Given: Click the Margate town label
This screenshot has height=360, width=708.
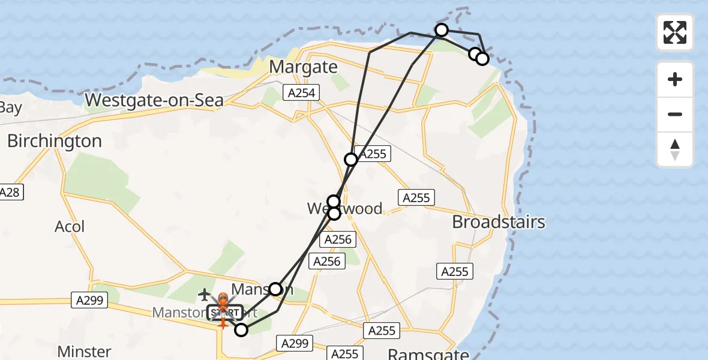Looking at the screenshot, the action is pyautogui.click(x=304, y=67).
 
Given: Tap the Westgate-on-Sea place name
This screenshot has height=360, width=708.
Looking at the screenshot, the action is pyautogui.click(x=155, y=100).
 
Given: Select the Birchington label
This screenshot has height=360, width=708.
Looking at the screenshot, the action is pyautogui.click(x=54, y=141).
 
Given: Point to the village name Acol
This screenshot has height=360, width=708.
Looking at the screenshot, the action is pyautogui.click(x=70, y=227).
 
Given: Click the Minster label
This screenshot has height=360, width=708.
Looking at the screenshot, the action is pyautogui.click(x=84, y=351).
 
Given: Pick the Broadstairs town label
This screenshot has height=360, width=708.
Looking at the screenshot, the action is pyautogui.click(x=499, y=222).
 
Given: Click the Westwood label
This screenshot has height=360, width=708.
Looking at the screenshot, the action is pyautogui.click(x=344, y=209).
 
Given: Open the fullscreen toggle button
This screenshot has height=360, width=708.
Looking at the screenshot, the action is pyautogui.click(x=675, y=32).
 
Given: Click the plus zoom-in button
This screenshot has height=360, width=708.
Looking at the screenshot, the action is pyautogui.click(x=675, y=79).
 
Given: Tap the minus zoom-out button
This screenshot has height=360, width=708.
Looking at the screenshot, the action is pyautogui.click(x=675, y=114).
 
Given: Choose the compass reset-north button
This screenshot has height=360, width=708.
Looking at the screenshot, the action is pyautogui.click(x=675, y=149).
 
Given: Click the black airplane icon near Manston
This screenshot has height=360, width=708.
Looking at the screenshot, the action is pyautogui.click(x=205, y=295).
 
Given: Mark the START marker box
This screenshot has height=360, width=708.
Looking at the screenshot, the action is pyautogui.click(x=225, y=313).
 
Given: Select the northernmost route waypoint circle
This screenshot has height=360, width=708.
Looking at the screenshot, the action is pyautogui.click(x=442, y=30).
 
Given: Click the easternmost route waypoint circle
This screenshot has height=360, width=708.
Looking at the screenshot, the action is pyautogui.click(x=482, y=59).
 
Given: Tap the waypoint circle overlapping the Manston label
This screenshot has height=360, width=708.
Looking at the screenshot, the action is pyautogui.click(x=275, y=289).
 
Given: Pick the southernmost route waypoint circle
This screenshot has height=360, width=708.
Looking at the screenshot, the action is pyautogui.click(x=241, y=329).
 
